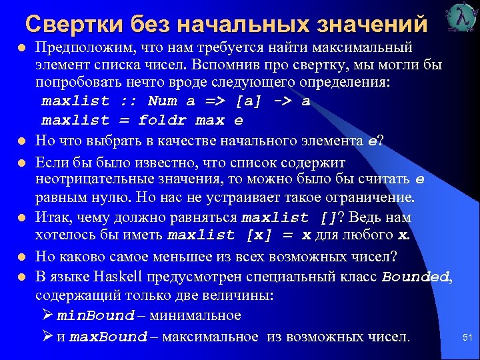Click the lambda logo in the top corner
click(459, 18)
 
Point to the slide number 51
click(467, 338)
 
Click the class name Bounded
click(416, 277)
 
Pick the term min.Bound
click(96, 315)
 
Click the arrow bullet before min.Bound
click(47, 315)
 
